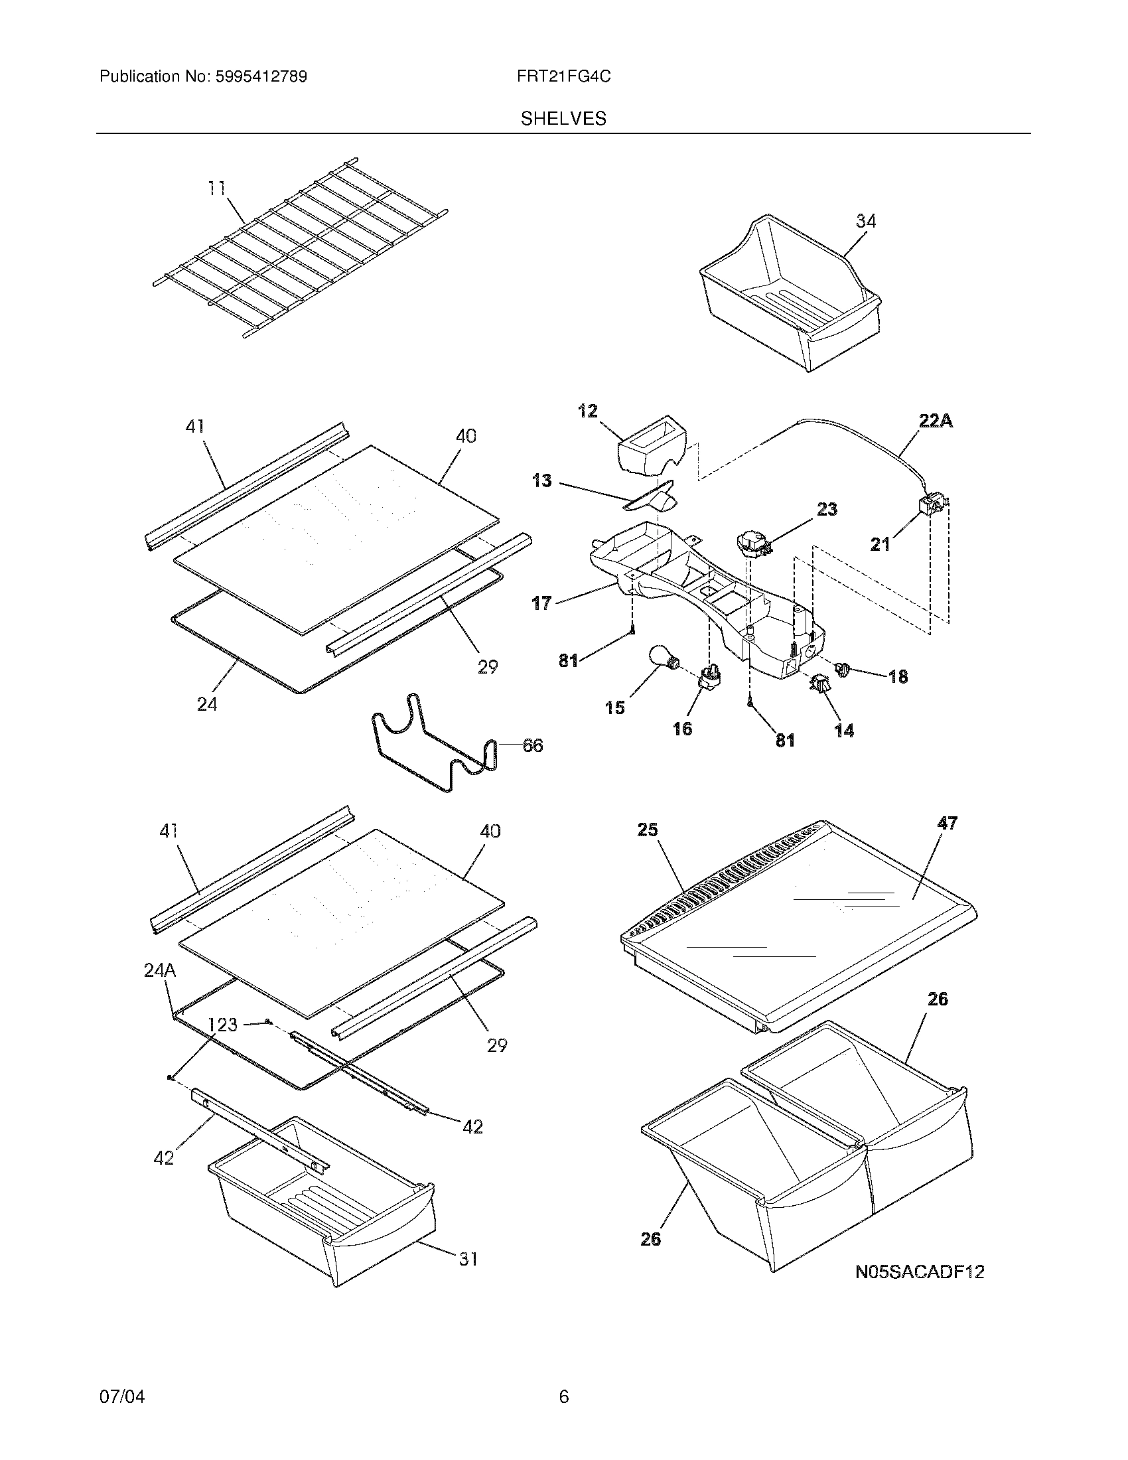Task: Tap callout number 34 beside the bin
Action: (865, 221)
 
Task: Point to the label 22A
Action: (936, 422)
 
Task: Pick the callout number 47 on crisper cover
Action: (947, 823)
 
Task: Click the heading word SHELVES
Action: (563, 119)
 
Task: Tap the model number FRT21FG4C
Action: (563, 77)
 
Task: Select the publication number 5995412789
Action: (261, 77)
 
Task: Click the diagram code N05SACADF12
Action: (920, 1272)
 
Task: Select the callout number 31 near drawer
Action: (468, 1259)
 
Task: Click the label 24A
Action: (160, 970)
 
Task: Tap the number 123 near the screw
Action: (222, 1024)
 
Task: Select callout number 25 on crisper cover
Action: (648, 830)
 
